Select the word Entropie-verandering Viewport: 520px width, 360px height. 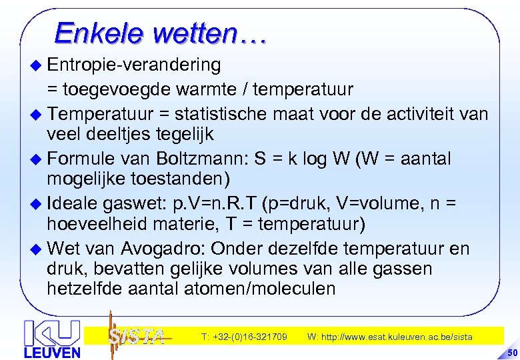pyautogui.click(x=135, y=65)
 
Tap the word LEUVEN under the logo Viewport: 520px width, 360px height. pyautogui.click(x=52, y=352)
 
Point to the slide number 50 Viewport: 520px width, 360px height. pyautogui.click(x=511, y=352)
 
